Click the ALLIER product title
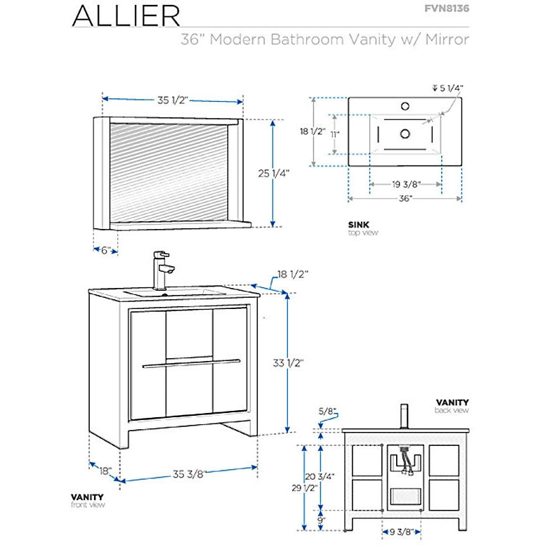(126, 15)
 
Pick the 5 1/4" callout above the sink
(449, 88)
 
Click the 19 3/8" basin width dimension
(406, 185)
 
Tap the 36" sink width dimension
(405, 199)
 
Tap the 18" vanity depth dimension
(104, 471)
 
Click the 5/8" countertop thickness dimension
(327, 410)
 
